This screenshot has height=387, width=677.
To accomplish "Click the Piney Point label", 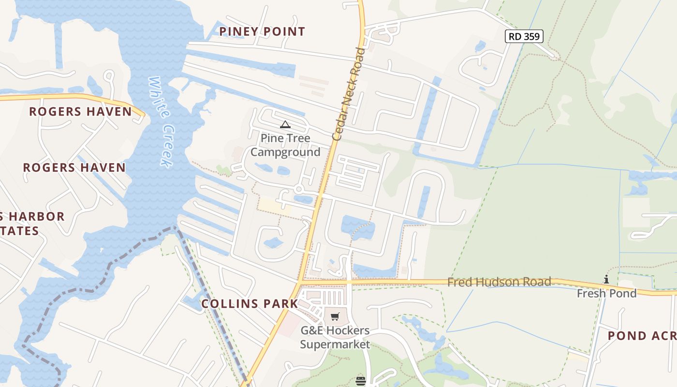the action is (262, 32).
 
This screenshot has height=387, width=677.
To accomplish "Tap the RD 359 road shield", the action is (524, 36).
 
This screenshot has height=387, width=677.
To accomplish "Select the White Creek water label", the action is (161, 121).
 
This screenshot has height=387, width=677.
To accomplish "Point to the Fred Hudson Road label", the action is (499, 282).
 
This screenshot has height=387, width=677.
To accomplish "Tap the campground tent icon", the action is (285, 125).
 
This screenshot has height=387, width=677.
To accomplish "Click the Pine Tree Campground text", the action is (285, 145).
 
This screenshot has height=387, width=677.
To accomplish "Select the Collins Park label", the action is (250, 304).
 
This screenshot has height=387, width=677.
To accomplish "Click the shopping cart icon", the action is (335, 317).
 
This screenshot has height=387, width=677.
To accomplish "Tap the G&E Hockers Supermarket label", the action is (335, 338).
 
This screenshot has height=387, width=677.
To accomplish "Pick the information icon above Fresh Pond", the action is (606, 279).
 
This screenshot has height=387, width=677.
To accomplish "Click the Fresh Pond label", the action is (606, 293).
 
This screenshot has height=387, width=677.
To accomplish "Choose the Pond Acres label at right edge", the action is (642, 336).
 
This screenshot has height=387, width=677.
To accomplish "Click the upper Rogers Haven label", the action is (80, 112).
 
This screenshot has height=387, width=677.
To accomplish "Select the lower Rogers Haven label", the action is (74, 168).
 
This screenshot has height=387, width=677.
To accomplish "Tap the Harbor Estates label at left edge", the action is (29, 223).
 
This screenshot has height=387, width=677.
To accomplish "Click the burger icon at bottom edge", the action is (360, 381).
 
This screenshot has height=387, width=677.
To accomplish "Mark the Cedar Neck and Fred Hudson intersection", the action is (301, 281).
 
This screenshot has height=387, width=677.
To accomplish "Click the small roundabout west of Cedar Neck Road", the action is (299, 189).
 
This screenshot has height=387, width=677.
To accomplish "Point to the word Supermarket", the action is (335, 344).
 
